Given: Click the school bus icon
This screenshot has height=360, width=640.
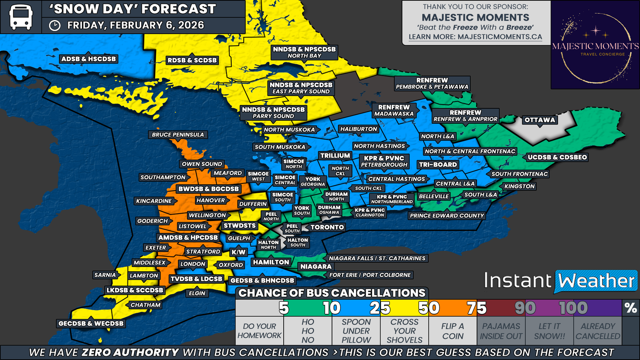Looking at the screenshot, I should (x=20, y=17).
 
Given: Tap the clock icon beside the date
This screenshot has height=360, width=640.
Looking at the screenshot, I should (x=55, y=26).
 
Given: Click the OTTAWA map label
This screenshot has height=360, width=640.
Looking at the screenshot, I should (x=540, y=120).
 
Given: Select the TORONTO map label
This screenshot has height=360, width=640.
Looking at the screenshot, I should (x=327, y=227).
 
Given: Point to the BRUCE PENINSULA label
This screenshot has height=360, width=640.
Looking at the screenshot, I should (x=178, y=135).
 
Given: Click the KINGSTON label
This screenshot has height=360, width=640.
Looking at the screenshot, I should (x=519, y=186).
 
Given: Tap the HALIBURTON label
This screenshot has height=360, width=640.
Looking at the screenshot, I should (x=358, y=129).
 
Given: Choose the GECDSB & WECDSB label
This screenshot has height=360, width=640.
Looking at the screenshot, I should (x=91, y=324).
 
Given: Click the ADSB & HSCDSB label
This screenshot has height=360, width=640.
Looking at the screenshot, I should (x=88, y=59).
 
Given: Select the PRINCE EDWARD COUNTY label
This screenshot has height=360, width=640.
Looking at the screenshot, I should (x=447, y=216).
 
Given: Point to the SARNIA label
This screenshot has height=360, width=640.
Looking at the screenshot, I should (x=105, y=275).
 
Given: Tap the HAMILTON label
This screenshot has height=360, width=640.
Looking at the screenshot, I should (x=271, y=262).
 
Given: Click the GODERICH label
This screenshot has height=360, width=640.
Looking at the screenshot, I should (x=152, y=221).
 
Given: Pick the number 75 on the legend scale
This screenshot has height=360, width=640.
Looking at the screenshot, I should (x=476, y=308).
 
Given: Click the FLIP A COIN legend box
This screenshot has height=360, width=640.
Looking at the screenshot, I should (x=453, y=331).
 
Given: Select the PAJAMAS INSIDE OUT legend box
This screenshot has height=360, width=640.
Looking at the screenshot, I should (x=501, y=331).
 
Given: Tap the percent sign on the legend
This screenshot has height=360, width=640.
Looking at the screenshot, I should (x=631, y=308).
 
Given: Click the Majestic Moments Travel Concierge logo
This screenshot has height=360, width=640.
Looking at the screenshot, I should (x=595, y=45).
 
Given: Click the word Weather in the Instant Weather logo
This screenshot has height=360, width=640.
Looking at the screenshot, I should (x=596, y=281).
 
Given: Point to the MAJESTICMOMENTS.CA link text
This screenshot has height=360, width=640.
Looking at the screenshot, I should (x=500, y=37).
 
